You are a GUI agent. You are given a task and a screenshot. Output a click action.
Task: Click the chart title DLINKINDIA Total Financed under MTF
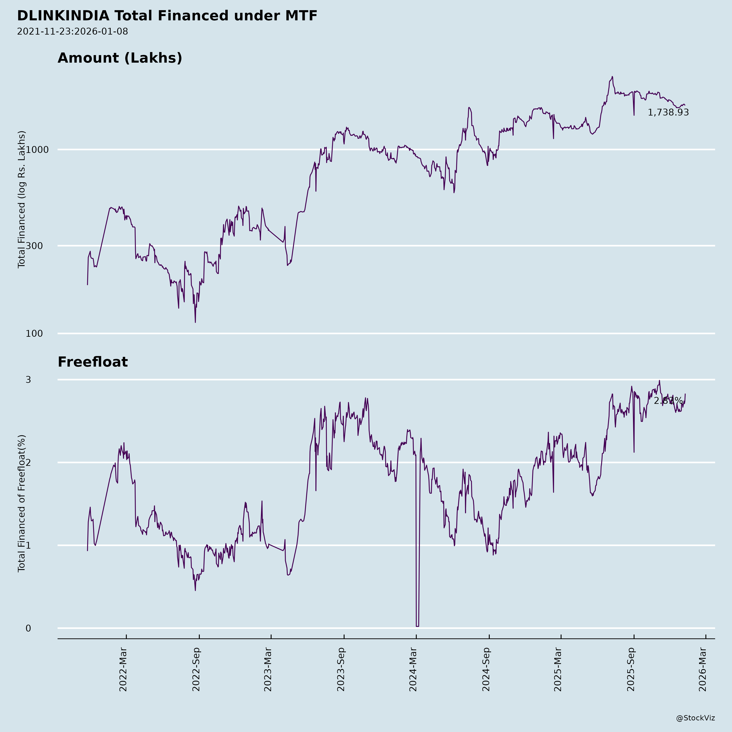click(167, 16)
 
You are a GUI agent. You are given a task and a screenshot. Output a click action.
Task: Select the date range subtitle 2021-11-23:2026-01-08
click(72, 32)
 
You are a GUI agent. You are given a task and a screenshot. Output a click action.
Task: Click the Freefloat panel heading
click(93, 362)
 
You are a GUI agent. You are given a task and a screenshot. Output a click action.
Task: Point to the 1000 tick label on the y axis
click(37, 150)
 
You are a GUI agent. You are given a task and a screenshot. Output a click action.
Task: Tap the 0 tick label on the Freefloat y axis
click(28, 628)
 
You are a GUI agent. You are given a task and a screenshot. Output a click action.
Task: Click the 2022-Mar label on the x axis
click(123, 670)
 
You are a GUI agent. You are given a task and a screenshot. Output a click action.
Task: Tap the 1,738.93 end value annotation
click(668, 112)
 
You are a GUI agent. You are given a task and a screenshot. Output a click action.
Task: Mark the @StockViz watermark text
click(696, 718)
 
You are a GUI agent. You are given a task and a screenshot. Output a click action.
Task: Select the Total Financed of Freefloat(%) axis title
click(22, 503)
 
